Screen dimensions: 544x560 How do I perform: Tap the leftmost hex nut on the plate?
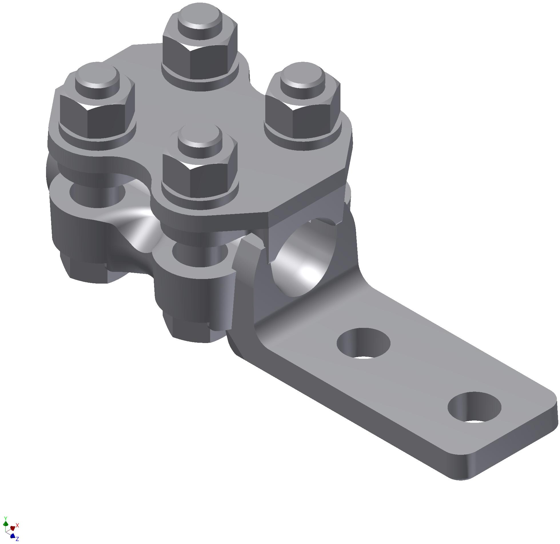coord(97,120)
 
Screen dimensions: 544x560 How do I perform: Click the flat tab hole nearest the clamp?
coord(363,343)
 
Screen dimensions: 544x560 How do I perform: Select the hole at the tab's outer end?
coord(474,407)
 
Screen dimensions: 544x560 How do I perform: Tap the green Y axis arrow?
coord(5,524)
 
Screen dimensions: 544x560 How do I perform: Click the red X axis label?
coord(17,525)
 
